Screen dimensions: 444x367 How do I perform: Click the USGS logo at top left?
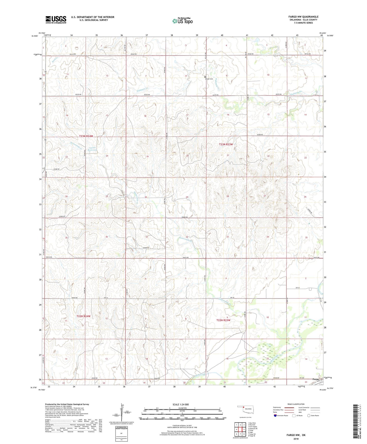tap(56, 20)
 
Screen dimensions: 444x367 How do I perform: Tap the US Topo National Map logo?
tap(182, 21)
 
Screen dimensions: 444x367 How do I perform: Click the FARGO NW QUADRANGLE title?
tap(303, 17)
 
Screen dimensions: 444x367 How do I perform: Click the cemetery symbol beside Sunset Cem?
tap(205, 77)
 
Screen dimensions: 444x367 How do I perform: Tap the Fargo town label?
tap(316, 379)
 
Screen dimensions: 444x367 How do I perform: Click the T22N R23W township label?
tap(223, 320)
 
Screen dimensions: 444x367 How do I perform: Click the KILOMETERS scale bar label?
tap(182, 408)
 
